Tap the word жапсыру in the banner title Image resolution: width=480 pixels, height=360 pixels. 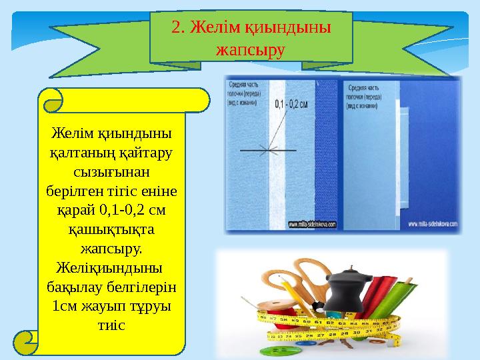coord(251,50)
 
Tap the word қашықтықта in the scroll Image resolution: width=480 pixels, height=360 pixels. coord(111,230)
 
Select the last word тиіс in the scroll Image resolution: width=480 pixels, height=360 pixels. coord(111,327)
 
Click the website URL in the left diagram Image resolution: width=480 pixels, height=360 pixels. coord(313,225)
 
